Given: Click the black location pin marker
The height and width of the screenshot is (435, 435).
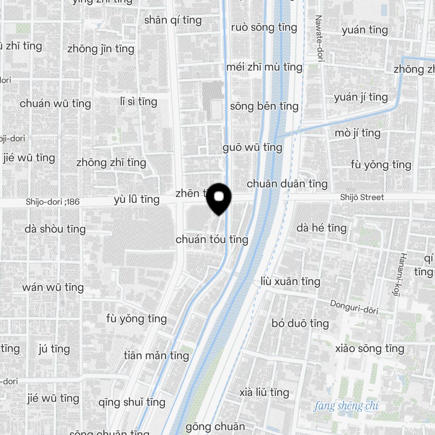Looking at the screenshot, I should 219,198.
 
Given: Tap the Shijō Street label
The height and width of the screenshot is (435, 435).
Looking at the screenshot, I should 362,197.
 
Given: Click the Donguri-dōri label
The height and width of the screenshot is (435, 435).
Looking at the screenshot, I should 354,307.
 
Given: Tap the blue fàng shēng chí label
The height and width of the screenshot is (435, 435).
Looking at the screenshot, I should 346,407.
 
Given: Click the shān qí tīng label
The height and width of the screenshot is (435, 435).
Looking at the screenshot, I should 173,20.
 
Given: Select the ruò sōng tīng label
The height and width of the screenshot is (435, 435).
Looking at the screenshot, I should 264,27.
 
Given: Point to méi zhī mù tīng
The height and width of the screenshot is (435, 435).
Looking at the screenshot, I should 264,67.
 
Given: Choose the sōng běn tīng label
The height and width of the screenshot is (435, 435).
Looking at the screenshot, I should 264,106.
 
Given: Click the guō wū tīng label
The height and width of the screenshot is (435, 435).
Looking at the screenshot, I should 252,147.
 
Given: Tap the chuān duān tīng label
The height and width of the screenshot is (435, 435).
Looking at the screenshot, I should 287,184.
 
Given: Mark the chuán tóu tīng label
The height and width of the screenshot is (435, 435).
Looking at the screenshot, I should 212,239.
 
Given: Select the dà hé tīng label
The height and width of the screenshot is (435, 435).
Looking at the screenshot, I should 321,228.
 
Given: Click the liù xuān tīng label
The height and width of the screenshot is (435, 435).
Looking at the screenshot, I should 291,281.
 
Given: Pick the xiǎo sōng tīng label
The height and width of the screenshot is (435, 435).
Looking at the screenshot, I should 370,348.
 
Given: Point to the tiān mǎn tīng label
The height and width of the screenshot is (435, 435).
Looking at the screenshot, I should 156,355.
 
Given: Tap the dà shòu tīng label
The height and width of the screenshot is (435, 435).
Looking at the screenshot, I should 55,229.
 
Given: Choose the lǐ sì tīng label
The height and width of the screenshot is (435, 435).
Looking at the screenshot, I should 138,102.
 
